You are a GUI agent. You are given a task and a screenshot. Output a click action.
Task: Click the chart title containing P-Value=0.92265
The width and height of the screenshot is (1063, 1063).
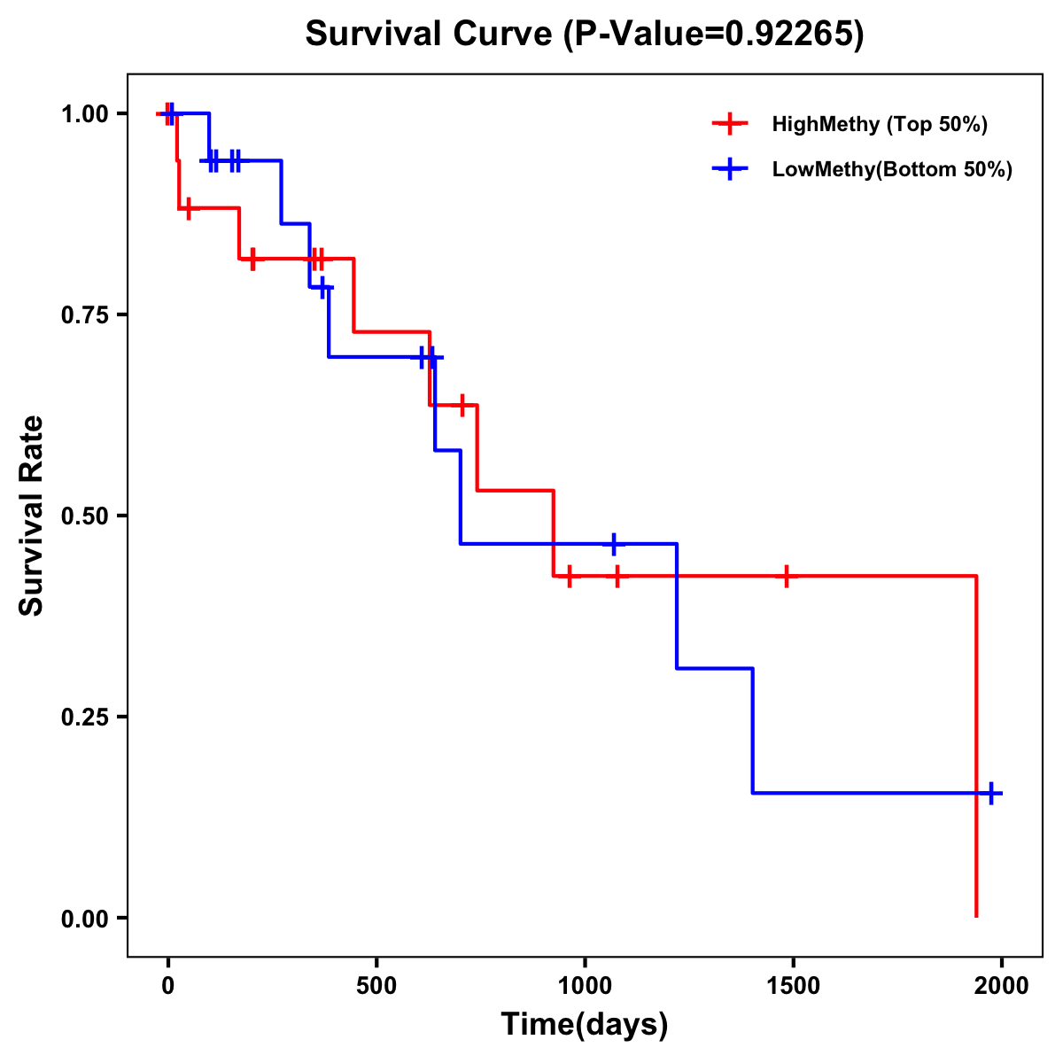[x=584, y=34]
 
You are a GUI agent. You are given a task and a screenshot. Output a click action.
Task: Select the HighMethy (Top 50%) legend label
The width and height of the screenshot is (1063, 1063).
[x=880, y=124]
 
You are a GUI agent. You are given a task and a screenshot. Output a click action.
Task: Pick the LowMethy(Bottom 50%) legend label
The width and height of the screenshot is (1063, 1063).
[x=892, y=169]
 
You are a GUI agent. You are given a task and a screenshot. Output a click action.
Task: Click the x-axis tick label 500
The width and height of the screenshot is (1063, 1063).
[x=376, y=986]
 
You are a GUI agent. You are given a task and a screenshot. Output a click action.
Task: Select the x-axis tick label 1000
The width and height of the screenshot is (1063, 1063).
[x=585, y=986]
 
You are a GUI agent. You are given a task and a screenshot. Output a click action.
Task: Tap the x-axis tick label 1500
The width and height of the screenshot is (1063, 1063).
[x=793, y=986]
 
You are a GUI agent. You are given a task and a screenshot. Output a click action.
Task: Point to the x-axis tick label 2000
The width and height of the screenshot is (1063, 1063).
[x=1001, y=986]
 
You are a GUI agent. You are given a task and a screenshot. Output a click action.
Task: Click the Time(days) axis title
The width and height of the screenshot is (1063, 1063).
[x=585, y=1025]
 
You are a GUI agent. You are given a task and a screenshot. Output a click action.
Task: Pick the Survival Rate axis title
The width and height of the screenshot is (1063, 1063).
[x=32, y=516]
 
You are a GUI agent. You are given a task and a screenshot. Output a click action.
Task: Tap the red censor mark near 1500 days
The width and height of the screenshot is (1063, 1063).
[x=786, y=576]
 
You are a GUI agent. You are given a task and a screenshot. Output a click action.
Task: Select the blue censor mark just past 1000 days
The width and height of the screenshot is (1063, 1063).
[x=613, y=543]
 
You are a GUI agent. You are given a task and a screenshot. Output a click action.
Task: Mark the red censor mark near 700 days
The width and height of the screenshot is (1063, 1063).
[x=462, y=405]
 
